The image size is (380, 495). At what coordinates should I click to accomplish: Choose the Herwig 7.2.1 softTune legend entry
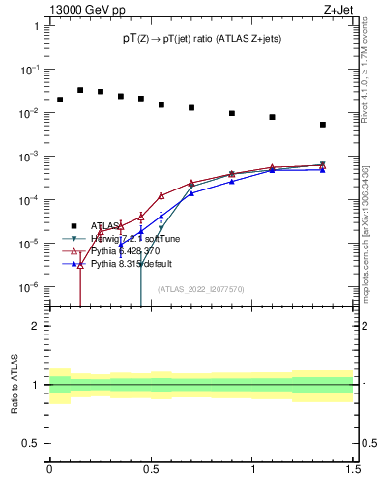click(135, 239)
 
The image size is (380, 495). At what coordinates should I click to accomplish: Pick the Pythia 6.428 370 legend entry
click(130, 250)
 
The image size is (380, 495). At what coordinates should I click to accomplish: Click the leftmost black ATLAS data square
click(60, 100)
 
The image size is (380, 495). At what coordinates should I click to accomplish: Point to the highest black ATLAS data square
click(80, 90)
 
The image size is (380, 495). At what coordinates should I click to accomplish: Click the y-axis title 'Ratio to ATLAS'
click(15, 385)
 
